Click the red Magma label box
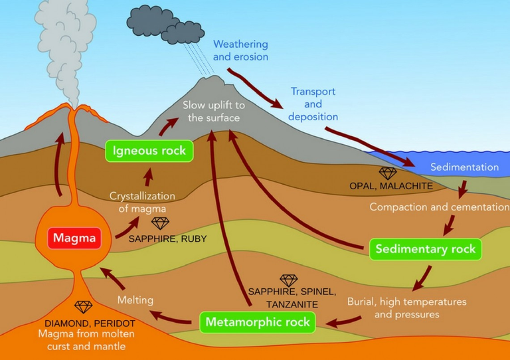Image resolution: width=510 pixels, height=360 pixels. point(74,238)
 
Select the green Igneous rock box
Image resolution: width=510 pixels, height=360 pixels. point(149,151)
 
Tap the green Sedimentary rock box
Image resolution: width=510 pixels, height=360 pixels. point(426,250)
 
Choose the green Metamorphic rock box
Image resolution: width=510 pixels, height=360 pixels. point(258,322)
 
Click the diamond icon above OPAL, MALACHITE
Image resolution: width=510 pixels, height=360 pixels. point(388,173)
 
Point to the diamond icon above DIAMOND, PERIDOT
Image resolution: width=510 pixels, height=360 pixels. point(83,307)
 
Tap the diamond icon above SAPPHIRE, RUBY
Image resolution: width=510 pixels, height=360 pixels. point(160,223)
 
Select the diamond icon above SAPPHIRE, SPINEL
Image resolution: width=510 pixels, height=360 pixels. point(289,281)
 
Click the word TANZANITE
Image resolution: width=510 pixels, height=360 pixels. point(292,305)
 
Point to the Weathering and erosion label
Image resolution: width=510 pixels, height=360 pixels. point(240,50)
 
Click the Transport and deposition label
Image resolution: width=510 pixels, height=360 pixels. point(313,104)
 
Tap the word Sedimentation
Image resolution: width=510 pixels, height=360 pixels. point(464,167)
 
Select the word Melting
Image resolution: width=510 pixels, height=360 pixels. point(135,300)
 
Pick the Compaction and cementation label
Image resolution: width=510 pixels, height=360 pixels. point(440,207)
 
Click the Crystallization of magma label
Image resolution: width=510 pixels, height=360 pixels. point(142,203)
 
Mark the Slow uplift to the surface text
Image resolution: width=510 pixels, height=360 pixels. point(214,111)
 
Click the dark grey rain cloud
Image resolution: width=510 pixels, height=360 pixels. point(165,25)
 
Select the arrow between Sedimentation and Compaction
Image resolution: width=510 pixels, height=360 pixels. point(463,189)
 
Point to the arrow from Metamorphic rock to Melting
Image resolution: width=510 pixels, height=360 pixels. point(170,317)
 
